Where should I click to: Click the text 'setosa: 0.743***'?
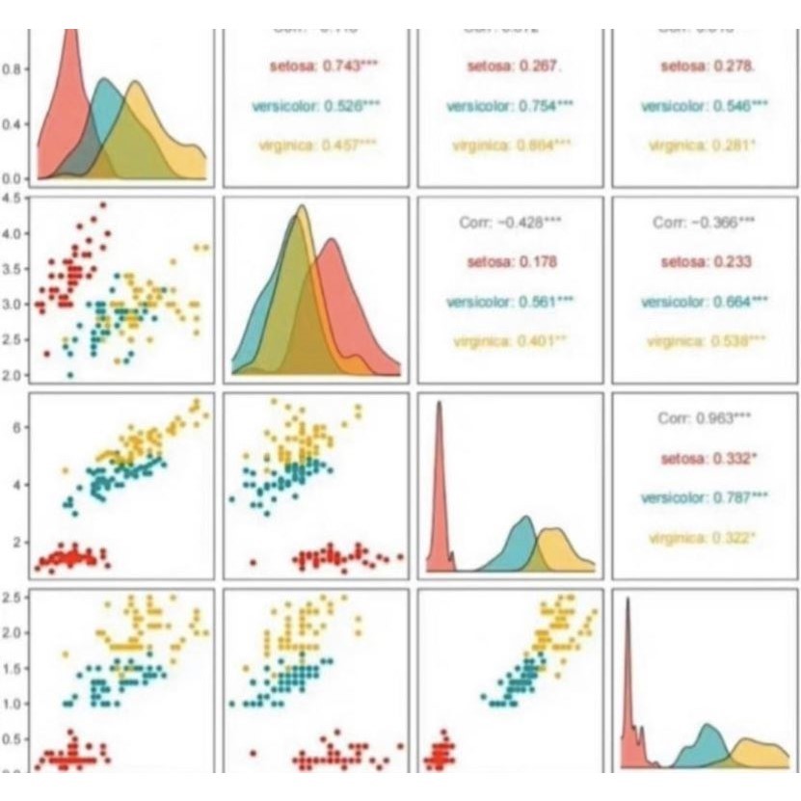[315, 66]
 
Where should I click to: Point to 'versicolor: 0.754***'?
[510, 105]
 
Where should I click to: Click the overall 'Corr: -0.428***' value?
[510, 222]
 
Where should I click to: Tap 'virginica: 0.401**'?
[510, 340]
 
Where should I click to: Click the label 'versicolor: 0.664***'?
[705, 301]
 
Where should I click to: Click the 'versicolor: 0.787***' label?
[705, 497]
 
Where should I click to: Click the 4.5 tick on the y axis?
[13, 198]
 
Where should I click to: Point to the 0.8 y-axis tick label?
[13, 69]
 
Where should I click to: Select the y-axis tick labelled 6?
[17, 426]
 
